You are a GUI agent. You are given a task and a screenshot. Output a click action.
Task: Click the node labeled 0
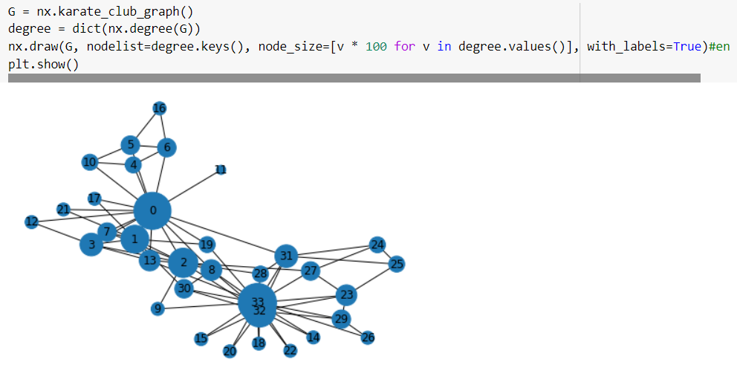pyautogui.click(x=152, y=211)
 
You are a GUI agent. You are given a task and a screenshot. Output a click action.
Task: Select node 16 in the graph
pyautogui.click(x=159, y=109)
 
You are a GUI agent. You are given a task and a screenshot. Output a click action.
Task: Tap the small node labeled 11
pyautogui.click(x=220, y=169)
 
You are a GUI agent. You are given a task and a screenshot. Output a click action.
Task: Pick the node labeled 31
pyautogui.click(x=286, y=256)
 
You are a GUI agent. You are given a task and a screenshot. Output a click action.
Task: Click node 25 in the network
pyautogui.click(x=397, y=264)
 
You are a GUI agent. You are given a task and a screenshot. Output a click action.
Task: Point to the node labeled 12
pyautogui.click(x=31, y=222)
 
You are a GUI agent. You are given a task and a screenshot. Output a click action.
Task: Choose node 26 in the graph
pyautogui.click(x=368, y=338)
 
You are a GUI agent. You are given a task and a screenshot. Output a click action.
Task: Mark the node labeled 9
pyautogui.click(x=157, y=308)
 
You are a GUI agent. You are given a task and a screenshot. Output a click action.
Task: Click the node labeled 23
pyautogui.click(x=346, y=295)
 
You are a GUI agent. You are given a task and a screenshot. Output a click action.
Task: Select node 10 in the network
pyautogui.click(x=90, y=162)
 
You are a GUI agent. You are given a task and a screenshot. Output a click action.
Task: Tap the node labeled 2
pyautogui.click(x=183, y=262)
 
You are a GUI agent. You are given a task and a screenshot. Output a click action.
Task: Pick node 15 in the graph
pyautogui.click(x=201, y=339)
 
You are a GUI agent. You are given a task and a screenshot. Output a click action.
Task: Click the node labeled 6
pyautogui.click(x=167, y=148)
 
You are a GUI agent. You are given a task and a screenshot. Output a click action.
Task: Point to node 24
pyautogui.click(x=377, y=245)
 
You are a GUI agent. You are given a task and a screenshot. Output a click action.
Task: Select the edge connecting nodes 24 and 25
pyautogui.click(x=387, y=254)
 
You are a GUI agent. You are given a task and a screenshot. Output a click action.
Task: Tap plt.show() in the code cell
pyautogui.click(x=43, y=64)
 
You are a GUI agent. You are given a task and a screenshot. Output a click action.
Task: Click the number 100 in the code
pyautogui.click(x=376, y=46)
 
